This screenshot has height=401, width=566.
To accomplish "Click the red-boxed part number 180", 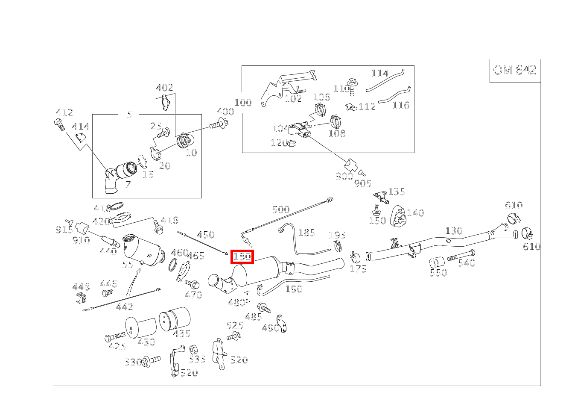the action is coord(242,257).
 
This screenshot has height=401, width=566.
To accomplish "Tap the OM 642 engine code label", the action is coord(514,70).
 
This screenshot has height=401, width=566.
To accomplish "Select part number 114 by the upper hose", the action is coord(380,73).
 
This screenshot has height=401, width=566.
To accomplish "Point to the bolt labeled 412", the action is coord(59,125).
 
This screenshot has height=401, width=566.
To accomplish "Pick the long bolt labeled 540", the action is coord(461,255).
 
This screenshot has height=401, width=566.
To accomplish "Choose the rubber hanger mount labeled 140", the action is coord(398,217).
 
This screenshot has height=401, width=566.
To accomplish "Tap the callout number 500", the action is coord(281,209).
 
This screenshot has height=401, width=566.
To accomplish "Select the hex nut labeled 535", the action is coord(193,350).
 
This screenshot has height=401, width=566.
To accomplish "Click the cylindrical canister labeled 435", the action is coord(175,318).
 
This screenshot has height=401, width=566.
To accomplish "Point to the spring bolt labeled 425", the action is coord(115,336).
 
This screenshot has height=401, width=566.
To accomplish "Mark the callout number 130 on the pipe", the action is coord(454,231).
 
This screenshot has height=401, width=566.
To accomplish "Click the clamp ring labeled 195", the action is coord(338,246).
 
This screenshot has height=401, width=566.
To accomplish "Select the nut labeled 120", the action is coord(292,144).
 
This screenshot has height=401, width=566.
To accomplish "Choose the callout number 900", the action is coord(344,176).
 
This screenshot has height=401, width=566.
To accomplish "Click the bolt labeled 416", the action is coord(158,227).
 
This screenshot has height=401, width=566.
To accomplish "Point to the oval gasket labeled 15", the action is coord(143,162).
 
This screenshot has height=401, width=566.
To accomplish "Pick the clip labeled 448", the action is coord(81,298).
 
